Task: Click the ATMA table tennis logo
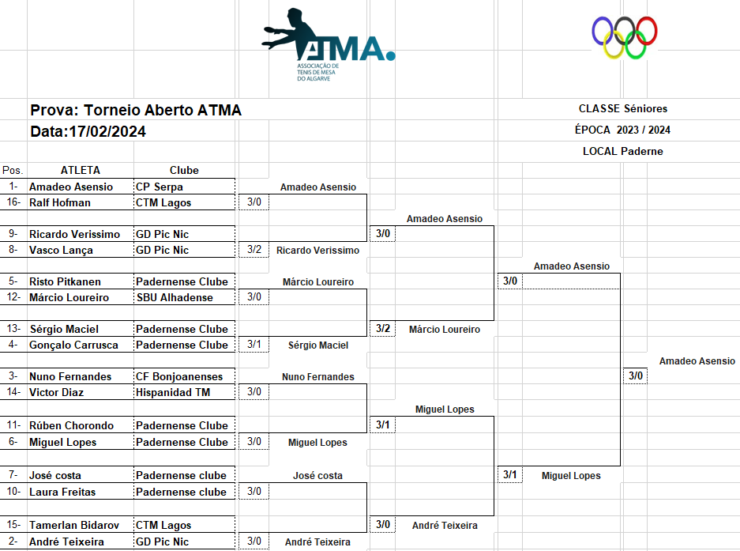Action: (x=327, y=43)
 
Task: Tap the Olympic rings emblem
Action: (x=625, y=38)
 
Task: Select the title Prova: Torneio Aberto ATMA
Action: (x=136, y=111)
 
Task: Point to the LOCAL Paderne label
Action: (x=622, y=151)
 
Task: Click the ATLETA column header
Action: (x=81, y=170)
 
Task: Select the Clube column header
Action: (x=184, y=170)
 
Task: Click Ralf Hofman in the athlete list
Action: (x=60, y=202)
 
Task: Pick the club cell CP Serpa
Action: (x=160, y=187)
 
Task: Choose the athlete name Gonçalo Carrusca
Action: (x=73, y=345)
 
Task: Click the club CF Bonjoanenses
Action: (x=179, y=377)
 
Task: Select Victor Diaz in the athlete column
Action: (x=56, y=392)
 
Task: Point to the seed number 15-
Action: (x=13, y=525)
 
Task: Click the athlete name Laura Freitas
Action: (x=62, y=492)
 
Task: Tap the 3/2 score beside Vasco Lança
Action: (x=254, y=250)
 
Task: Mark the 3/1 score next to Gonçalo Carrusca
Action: (x=254, y=345)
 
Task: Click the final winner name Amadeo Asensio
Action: (x=697, y=361)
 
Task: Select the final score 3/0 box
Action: (x=636, y=376)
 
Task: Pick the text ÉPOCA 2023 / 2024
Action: (x=622, y=130)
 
